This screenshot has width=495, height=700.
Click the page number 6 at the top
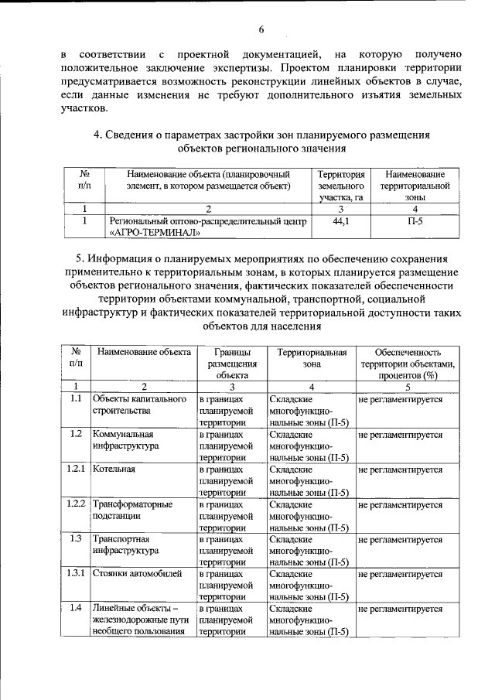tap(261, 29)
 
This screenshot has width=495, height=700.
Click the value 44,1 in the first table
tap(340, 221)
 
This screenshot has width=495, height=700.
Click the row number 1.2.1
tap(75, 469)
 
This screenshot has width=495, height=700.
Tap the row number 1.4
tap(75, 608)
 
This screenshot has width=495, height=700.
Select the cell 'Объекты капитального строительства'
tap(138, 405)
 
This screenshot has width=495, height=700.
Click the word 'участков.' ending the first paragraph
tap(85, 108)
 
